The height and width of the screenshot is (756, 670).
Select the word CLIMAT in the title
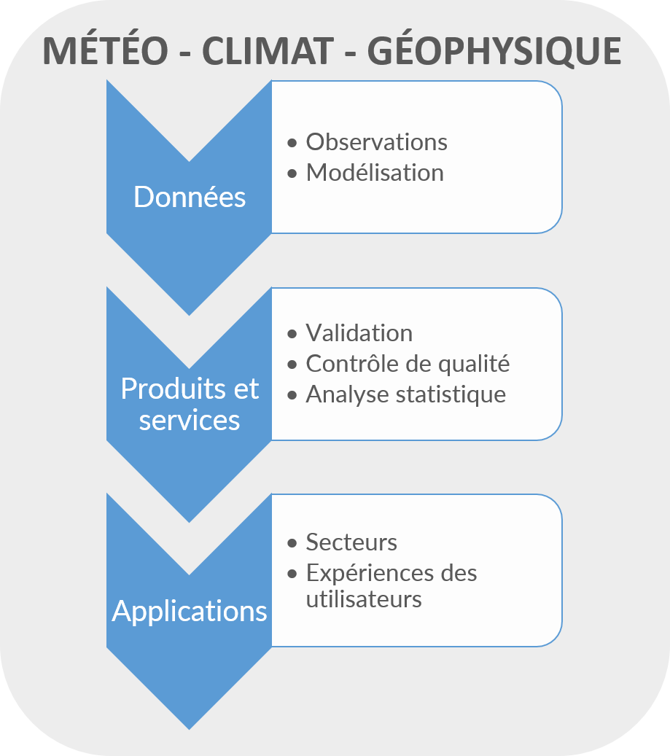click(x=268, y=50)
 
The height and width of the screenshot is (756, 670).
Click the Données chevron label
click(x=190, y=197)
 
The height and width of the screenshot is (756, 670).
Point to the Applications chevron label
click(x=190, y=612)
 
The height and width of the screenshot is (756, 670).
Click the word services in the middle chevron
click(x=190, y=420)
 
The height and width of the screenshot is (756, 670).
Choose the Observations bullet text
click(x=376, y=141)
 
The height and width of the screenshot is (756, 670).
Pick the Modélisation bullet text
click(x=375, y=172)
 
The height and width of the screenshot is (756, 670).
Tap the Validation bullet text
click(x=359, y=332)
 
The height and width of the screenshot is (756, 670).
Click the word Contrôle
click(x=354, y=363)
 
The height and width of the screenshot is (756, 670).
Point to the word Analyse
click(x=348, y=395)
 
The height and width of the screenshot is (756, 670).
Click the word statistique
click(x=451, y=395)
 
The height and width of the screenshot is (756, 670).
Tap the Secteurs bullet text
click(x=351, y=542)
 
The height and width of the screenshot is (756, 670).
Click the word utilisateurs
click(x=364, y=599)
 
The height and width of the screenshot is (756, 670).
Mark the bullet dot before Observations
click(x=292, y=143)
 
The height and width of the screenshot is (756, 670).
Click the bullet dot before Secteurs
click(x=292, y=543)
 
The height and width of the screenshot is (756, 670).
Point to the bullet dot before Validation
click(x=292, y=334)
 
